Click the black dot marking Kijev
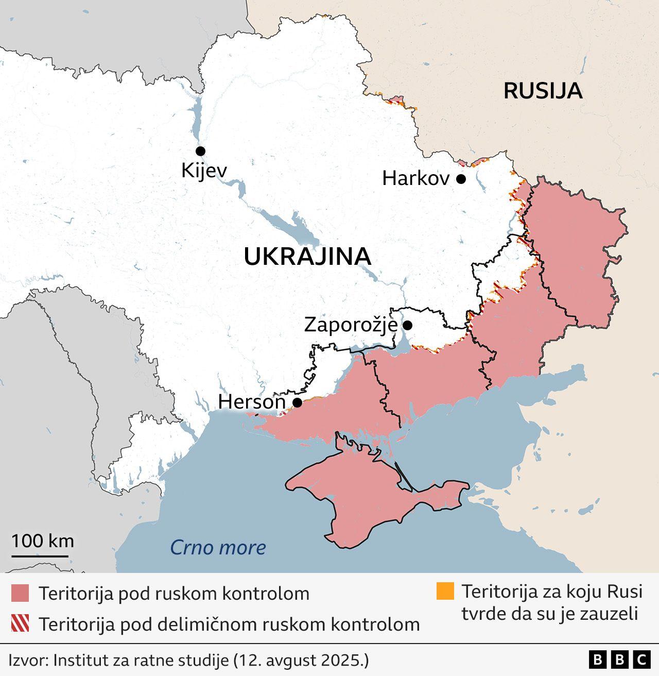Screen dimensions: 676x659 pos(200,151)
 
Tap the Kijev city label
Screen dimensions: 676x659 pos(204,170)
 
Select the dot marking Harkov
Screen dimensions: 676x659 pos(461,179)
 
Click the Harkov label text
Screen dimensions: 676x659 pos(416,179)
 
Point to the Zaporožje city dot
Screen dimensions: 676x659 pos(407,325)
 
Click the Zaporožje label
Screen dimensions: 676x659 pos(351,325)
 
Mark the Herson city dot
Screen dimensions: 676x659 pos(297,402)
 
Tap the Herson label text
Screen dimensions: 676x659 pos(252,402)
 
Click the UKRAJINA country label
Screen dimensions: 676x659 pos(307,257)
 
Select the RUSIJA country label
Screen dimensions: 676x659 pos(543,91)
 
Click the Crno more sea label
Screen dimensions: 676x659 pos(218,547)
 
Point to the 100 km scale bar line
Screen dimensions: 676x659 pos(40,556)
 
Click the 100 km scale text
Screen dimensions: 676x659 pos(43,541)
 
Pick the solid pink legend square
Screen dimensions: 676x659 pos(20,593)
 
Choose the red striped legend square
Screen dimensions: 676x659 pos(20,623)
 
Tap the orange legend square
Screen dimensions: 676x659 pos(445,591)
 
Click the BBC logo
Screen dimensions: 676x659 pos(619,660)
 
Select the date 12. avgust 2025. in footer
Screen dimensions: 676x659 pos(301,660)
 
